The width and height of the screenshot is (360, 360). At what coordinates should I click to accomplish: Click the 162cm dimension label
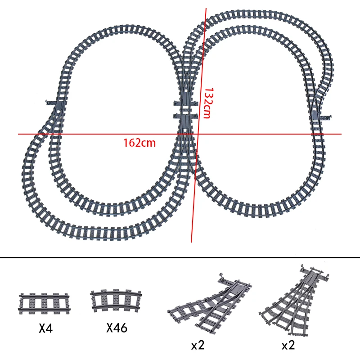pos(139,143)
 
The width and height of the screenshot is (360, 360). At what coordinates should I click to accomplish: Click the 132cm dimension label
pos(207,103)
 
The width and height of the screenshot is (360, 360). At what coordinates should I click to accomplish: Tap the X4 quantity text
pos(45,328)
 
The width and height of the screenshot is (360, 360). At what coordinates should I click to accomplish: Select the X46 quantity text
pos(117,328)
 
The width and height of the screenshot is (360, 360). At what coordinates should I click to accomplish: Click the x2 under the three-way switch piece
pos(288,346)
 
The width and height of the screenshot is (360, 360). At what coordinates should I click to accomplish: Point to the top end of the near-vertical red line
pos(206,8)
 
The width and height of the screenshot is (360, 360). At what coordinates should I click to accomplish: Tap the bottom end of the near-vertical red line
pos(192,242)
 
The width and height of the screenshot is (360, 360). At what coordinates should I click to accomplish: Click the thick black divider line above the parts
pos(180,258)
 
